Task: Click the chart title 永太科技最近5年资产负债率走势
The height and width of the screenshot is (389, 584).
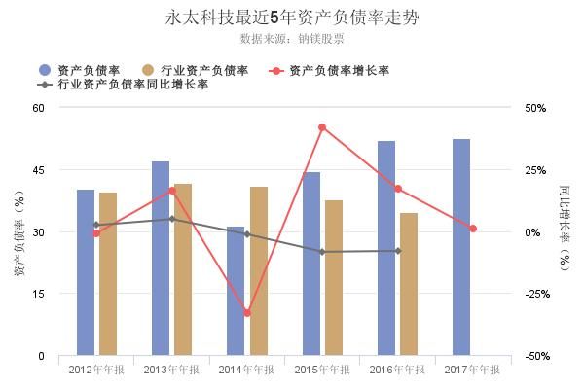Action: [292, 18]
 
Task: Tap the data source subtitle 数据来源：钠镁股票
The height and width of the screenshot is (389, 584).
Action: [291, 40]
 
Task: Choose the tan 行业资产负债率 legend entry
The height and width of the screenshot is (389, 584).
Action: [196, 70]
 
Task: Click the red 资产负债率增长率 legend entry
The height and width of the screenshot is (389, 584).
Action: [331, 70]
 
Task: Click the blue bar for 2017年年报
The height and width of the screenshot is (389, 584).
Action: [461, 248]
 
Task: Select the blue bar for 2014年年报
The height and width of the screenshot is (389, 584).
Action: [236, 292]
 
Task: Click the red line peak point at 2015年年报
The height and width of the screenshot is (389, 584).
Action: [322, 127]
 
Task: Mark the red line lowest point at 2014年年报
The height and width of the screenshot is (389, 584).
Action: [247, 313]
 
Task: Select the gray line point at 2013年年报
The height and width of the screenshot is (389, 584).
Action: [172, 219]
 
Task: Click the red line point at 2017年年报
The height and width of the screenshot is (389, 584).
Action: [473, 229]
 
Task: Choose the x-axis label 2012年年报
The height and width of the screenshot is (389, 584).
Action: [95, 370]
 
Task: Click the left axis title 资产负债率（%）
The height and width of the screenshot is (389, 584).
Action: [18, 232]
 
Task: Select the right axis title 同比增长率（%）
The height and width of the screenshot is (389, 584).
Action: [565, 232]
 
